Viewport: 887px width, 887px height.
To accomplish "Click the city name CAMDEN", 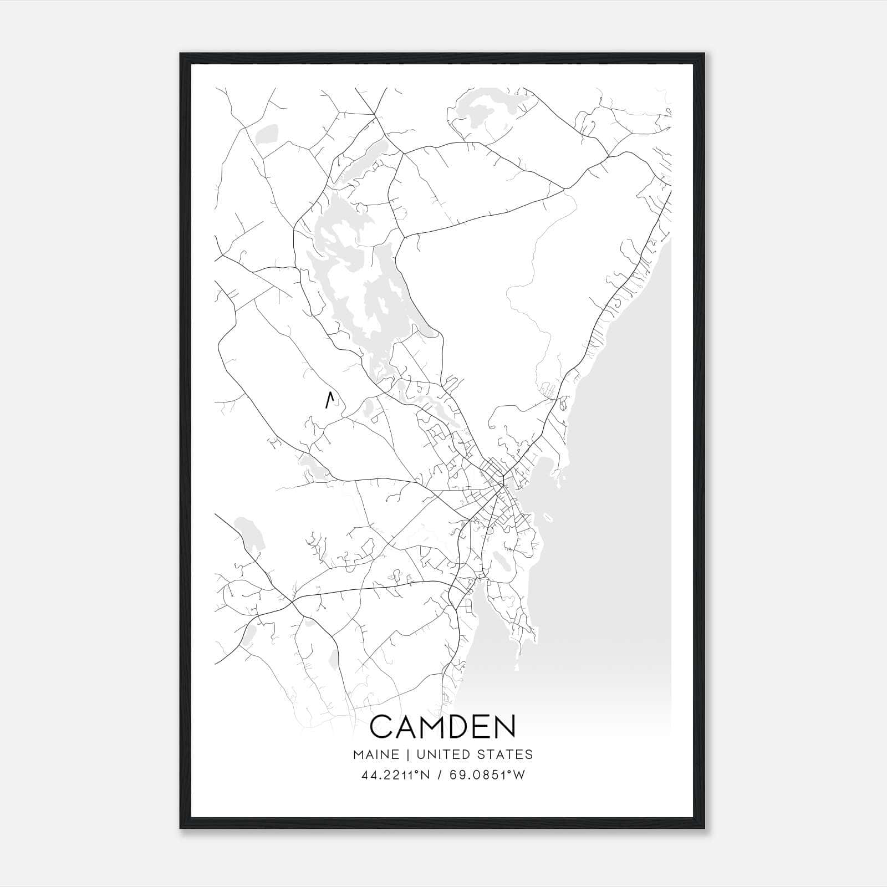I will pyautogui.click(x=442, y=727).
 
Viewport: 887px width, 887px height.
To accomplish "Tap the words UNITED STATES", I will pyautogui.click(x=474, y=755).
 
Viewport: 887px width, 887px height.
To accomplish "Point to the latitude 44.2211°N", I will pyautogui.click(x=395, y=775).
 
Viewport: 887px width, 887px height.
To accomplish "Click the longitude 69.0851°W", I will pyautogui.click(x=487, y=775).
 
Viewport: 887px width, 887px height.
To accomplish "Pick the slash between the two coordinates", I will pyautogui.click(x=439, y=775).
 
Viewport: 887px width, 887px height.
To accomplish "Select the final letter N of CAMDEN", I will pyautogui.click(x=503, y=727).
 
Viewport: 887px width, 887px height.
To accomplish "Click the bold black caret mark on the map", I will pyautogui.click(x=329, y=400).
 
